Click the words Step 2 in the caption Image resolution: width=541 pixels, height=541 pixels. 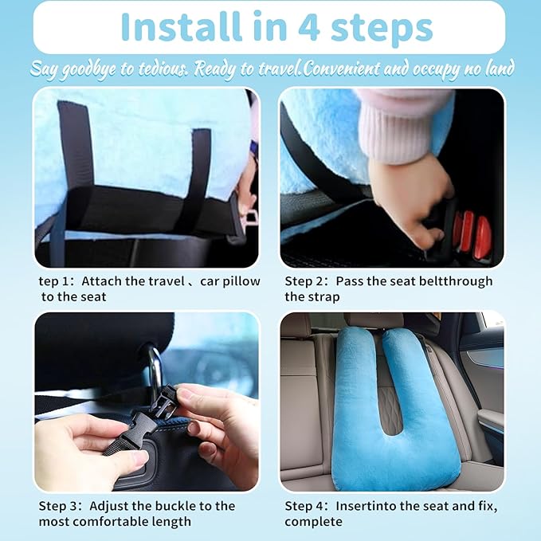point(306,281)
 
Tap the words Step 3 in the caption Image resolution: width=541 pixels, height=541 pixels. point(61,506)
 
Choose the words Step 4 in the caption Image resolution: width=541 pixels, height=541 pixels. point(306,506)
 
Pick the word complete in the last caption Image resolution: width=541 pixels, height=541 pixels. point(313,522)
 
